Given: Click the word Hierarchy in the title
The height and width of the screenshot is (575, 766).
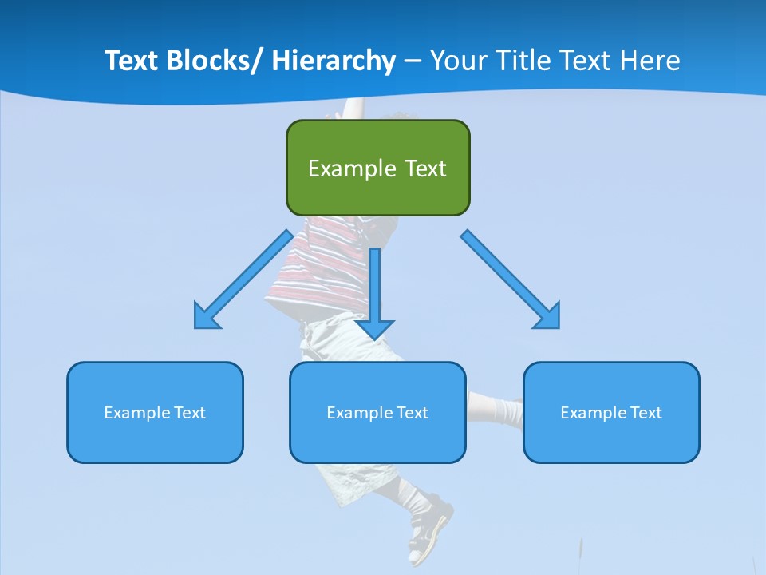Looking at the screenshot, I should [x=334, y=61].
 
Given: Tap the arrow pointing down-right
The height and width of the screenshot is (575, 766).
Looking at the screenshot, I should [x=511, y=280].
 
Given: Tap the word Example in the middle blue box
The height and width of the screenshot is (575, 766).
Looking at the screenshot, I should [x=359, y=413].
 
